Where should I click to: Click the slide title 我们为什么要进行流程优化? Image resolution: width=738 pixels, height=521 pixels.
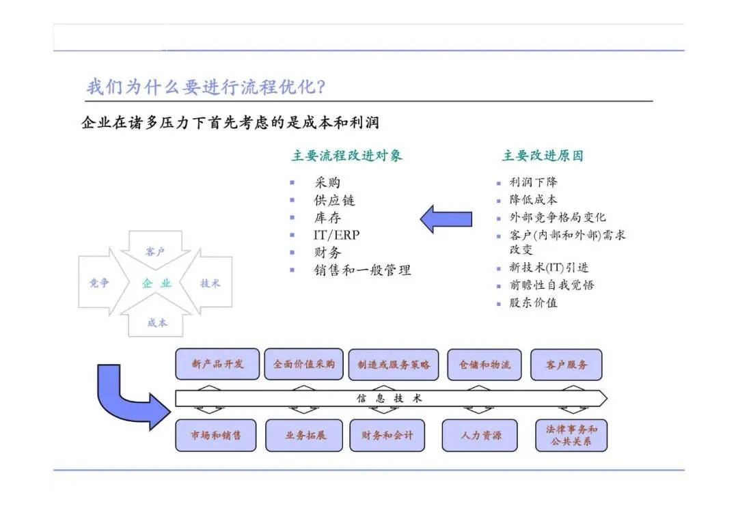[205, 87]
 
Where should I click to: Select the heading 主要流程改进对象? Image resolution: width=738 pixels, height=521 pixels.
[347, 156]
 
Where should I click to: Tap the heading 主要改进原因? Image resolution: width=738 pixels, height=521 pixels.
[543, 156]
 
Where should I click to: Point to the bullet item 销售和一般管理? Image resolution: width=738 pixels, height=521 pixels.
[362, 270]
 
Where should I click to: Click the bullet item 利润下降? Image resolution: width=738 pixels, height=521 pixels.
[533, 182]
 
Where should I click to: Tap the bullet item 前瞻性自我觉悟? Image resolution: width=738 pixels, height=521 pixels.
[551, 285]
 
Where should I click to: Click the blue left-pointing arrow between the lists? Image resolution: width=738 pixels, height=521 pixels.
[446, 219]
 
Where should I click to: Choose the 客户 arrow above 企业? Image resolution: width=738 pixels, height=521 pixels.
[155, 252]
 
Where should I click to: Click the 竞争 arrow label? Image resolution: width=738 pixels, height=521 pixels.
[99, 283]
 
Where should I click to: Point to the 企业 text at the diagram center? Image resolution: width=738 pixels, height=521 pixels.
[156, 283]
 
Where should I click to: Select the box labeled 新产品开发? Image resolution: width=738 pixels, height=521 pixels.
[217, 364]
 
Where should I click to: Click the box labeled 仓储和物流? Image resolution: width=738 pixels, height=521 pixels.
[484, 365]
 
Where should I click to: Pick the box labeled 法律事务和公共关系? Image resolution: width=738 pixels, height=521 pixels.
[571, 435]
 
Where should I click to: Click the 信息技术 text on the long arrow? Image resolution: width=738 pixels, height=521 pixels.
[389, 398]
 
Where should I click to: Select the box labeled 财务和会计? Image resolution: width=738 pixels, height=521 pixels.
[387, 435]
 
